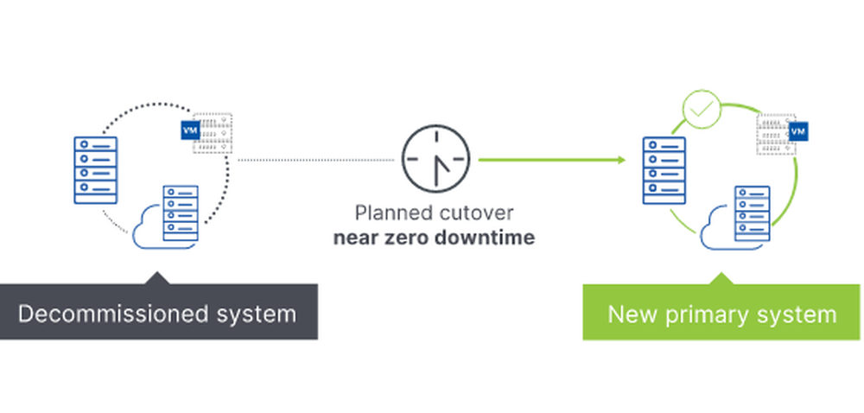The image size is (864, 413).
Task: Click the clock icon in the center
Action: pos(435,160)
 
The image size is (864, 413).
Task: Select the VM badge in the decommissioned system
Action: pos(187,130)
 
